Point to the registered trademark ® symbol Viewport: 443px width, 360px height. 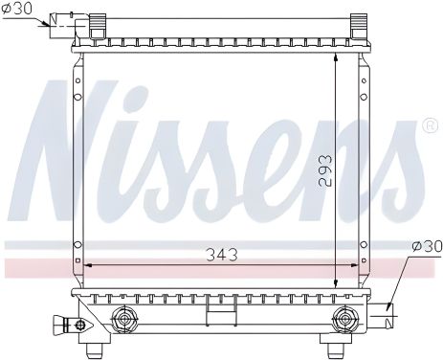pos(431,126)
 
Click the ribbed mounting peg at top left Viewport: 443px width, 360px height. pos(98,26)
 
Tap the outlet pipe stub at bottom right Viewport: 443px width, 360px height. pos(388,308)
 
